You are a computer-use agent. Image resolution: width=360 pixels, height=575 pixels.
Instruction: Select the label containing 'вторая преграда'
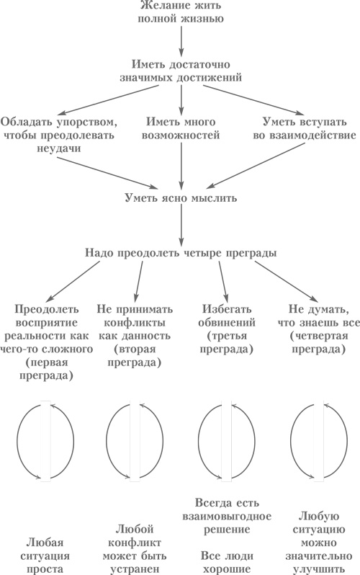[132, 326]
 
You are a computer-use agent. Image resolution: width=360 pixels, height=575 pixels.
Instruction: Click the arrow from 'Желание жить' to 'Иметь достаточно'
[180, 42]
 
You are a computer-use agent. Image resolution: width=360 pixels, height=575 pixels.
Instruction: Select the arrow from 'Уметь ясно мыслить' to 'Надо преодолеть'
[180, 226]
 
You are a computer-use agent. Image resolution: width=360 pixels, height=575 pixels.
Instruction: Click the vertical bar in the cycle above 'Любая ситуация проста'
[46, 441]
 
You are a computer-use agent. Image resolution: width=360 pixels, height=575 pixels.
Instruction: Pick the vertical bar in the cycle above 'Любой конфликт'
[135, 441]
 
